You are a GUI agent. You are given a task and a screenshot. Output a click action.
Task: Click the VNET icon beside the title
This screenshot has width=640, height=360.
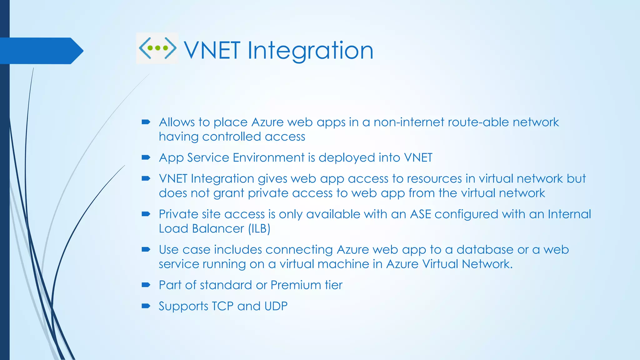157,48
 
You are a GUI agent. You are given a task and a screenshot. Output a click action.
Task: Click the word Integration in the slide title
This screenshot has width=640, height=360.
310,51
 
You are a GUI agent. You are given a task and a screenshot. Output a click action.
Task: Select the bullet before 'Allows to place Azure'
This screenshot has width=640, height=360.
146,122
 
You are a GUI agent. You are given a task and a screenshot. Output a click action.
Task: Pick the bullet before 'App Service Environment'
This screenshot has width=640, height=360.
146,157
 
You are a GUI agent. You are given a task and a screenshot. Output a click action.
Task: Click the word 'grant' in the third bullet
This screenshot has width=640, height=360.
228,193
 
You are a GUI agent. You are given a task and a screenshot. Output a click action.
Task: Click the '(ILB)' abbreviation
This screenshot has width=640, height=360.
259,229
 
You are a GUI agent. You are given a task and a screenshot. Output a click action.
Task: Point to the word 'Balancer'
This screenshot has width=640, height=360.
218,229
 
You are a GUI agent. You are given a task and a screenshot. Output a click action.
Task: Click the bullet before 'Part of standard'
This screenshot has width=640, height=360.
146,285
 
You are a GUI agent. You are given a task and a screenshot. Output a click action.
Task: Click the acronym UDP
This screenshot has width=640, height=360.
276,306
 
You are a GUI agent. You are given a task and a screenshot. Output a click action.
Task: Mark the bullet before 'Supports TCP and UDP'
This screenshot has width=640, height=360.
146,306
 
